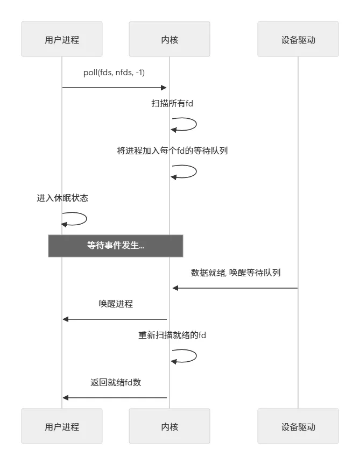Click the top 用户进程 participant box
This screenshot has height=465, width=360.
62,39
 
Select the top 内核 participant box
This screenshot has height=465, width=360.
170,39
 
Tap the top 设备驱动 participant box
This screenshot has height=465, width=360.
298,39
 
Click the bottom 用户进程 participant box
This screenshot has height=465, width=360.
62,426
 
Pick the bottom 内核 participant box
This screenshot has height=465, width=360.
170,426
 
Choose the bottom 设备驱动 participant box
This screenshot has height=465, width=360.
298,426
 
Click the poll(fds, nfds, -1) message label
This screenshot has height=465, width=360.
114,73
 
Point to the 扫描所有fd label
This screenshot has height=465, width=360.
172,103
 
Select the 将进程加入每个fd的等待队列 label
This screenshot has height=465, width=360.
172,151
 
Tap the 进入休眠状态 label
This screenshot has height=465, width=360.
62,198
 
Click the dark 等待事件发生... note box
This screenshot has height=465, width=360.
116,246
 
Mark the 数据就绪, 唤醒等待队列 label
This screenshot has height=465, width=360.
236,273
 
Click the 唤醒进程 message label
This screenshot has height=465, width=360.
116,304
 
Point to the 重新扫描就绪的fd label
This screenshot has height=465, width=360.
172,335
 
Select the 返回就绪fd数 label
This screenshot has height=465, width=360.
116,383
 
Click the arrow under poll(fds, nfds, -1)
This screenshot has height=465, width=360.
114,87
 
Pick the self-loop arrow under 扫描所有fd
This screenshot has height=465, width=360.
186,125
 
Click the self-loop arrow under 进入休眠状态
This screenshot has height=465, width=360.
76,219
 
